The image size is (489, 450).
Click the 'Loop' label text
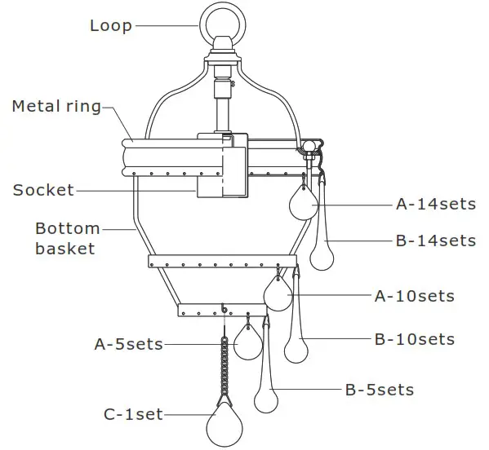click(x=110, y=25)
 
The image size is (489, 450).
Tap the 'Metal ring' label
click(x=56, y=106)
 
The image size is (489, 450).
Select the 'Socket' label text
click(x=43, y=191)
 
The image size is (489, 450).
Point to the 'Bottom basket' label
click(x=67, y=238)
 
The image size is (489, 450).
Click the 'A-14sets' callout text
click(x=436, y=205)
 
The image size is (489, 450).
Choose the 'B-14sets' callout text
click(x=436, y=240)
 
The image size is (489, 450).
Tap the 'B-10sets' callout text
click(x=415, y=339)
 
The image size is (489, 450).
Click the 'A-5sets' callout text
click(x=129, y=345)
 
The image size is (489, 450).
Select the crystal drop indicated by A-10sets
click(x=278, y=294)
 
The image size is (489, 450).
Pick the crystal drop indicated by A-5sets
click(x=247, y=343)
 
